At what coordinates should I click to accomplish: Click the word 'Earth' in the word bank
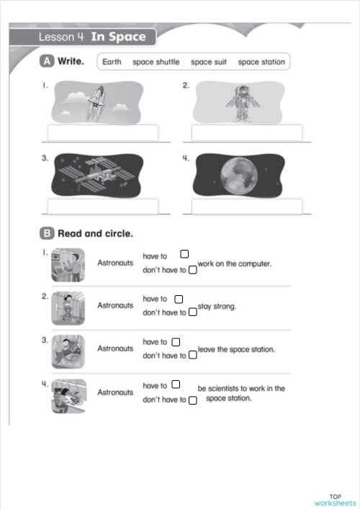tap(112, 62)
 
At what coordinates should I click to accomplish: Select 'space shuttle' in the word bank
tap(156, 62)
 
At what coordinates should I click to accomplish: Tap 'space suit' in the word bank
tap(209, 62)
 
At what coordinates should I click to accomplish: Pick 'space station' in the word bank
tap(261, 62)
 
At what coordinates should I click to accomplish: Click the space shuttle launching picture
tap(97, 103)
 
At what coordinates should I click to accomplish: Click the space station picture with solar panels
tap(97, 176)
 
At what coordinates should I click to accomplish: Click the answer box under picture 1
tap(102, 133)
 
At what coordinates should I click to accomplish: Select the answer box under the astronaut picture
tap(247, 133)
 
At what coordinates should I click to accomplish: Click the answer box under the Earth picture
tap(247, 206)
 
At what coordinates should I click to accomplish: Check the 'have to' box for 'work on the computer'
tap(184, 254)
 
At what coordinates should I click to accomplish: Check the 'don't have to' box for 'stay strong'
tap(192, 313)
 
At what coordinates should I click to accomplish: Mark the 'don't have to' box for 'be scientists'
tap(192, 400)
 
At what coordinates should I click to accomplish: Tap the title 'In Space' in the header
tap(118, 37)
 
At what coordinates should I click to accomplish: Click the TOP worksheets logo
tap(335, 500)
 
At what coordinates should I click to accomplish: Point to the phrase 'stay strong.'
tap(217, 306)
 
